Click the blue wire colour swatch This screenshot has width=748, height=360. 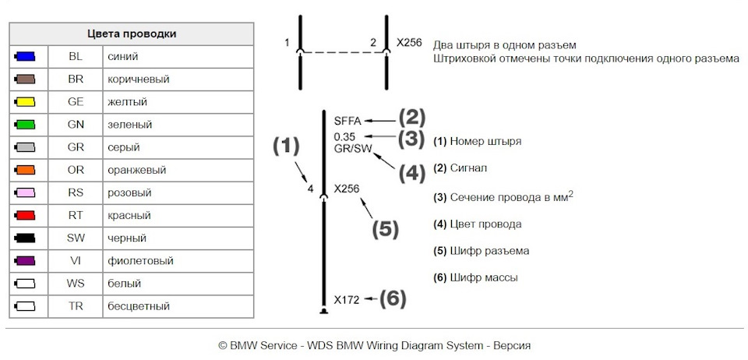(x=25, y=57)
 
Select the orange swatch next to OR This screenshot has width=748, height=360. (x=25, y=170)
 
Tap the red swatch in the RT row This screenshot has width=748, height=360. (x=25, y=216)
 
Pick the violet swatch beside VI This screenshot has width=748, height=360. (x=25, y=261)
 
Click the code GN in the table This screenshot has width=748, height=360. (x=76, y=125)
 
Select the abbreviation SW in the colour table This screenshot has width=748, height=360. (x=76, y=238)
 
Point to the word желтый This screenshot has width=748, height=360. (x=127, y=103)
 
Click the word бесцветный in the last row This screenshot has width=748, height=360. (x=139, y=306)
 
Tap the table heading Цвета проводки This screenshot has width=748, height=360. (x=132, y=34)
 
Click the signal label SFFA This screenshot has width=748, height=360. (x=348, y=121)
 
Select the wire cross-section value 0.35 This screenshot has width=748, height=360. (x=344, y=137)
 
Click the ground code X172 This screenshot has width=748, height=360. (x=347, y=301)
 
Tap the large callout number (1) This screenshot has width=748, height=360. (x=286, y=146)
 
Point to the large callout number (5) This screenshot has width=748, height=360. (x=385, y=229)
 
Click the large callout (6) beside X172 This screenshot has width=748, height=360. (x=393, y=299)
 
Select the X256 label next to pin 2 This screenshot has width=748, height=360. (x=409, y=43)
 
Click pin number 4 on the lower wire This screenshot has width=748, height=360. (x=311, y=189)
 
